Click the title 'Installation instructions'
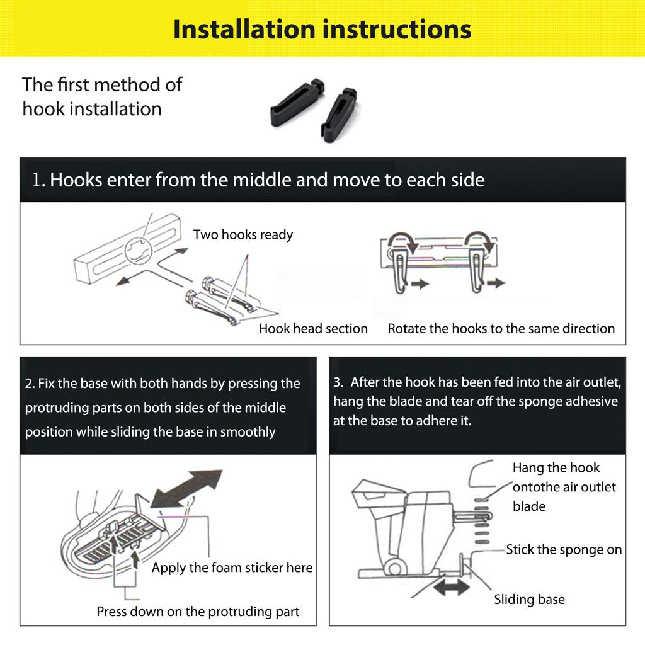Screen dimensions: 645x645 pos(322,30)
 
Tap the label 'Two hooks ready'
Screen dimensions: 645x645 pos(243,234)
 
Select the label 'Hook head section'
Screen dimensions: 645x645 pos(313,328)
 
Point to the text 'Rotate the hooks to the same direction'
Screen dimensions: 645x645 pos(501,328)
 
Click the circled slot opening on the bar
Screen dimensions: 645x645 pos(139,251)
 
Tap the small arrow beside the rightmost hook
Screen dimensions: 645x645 pos(496,283)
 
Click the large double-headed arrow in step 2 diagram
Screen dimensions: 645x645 pos(186,488)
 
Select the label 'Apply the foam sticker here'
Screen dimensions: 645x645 pos(232,568)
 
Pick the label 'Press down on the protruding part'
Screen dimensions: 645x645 pos(198,611)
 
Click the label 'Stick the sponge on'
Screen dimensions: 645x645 pos(564,549)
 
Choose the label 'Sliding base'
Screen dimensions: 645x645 pos(529,600)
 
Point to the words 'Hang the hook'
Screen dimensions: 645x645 pos(556,468)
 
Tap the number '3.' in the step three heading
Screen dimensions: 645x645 pos(338,382)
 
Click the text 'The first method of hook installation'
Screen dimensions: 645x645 pos(102,96)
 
